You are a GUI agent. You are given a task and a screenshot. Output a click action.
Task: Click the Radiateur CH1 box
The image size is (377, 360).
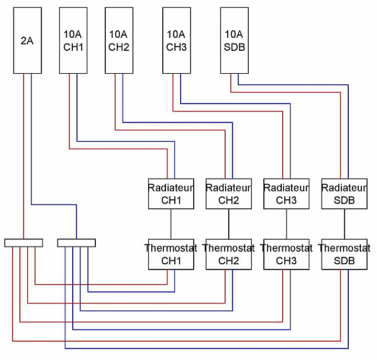171,194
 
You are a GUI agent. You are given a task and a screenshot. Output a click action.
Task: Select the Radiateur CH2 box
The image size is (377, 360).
228,194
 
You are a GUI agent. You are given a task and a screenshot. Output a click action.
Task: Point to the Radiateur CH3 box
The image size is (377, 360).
286,194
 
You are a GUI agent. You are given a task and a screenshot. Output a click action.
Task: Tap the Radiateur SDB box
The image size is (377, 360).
344,194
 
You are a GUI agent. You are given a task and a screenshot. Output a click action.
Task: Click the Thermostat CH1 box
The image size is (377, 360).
171,254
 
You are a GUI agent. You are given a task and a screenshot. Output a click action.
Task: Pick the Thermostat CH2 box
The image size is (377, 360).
228,254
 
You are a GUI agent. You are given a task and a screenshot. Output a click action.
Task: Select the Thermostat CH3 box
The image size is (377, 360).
286,254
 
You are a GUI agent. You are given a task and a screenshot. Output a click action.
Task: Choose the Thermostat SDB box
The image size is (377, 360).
344,254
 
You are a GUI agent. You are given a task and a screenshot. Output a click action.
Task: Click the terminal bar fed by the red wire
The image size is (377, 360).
24,243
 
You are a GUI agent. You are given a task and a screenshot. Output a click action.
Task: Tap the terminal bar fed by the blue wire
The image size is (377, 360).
76,243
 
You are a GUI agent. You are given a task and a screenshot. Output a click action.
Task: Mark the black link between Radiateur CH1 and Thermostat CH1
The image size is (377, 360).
171,224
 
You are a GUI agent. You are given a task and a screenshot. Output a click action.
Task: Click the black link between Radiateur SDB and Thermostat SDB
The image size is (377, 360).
344,224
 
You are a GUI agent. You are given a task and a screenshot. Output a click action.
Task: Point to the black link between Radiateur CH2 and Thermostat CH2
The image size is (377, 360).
228,224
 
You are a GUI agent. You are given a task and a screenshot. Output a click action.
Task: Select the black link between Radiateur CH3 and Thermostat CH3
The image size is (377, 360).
286,224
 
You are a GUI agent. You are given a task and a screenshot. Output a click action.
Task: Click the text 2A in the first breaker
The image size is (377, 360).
27,40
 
